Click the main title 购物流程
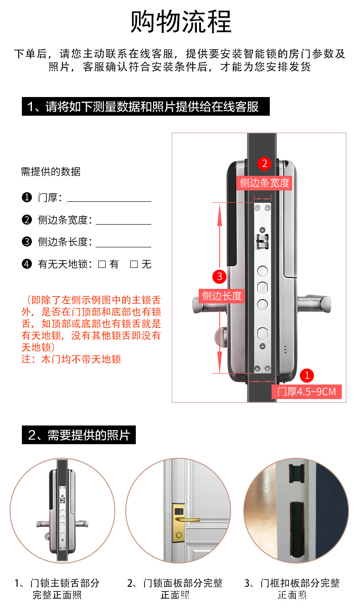(x=181, y=21)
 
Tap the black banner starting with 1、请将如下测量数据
(x=146, y=107)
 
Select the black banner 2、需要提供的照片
(x=79, y=435)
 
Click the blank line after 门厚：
(x=109, y=198)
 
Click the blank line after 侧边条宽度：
(x=123, y=220)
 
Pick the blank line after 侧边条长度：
(x=123, y=242)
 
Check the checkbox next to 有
(x=102, y=264)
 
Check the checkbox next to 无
(x=134, y=264)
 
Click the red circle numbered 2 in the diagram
(x=264, y=164)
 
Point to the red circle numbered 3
(x=220, y=276)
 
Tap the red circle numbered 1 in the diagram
(x=307, y=375)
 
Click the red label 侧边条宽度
(x=265, y=183)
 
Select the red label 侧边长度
(x=222, y=296)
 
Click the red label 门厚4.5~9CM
(x=306, y=391)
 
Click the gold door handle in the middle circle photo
(x=186, y=519)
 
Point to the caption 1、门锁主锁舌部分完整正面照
(x=57, y=589)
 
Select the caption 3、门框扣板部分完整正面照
(x=292, y=589)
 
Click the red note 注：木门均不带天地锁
(x=71, y=359)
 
